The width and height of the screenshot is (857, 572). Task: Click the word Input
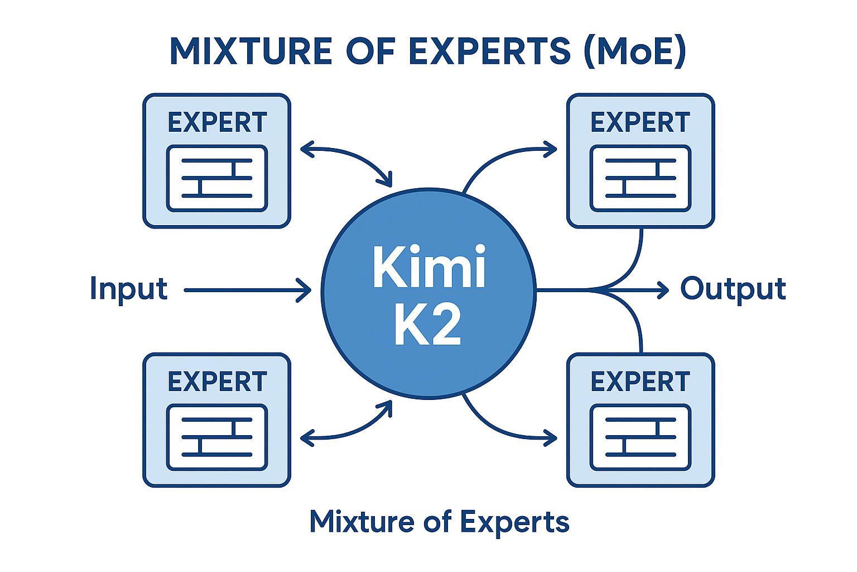click(128, 289)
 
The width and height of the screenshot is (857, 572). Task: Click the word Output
click(733, 289)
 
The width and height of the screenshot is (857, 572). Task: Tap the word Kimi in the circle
click(428, 266)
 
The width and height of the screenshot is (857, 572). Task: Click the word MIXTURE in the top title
click(251, 51)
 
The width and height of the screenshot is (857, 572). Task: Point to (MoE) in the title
click(634, 51)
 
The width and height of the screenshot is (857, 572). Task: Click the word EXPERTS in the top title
click(489, 51)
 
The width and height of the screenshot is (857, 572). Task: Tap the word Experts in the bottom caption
click(514, 522)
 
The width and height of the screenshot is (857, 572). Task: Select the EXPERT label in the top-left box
click(217, 123)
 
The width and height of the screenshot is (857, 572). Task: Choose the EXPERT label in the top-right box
click(640, 123)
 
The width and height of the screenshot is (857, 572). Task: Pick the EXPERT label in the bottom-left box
click(217, 382)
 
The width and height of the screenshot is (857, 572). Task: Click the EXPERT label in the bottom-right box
click(640, 382)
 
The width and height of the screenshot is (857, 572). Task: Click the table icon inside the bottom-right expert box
click(640, 437)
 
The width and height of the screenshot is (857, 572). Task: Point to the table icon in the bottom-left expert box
click(217, 437)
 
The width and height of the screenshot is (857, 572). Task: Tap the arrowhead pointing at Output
click(663, 290)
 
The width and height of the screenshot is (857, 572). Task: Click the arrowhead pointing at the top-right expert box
click(551, 150)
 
